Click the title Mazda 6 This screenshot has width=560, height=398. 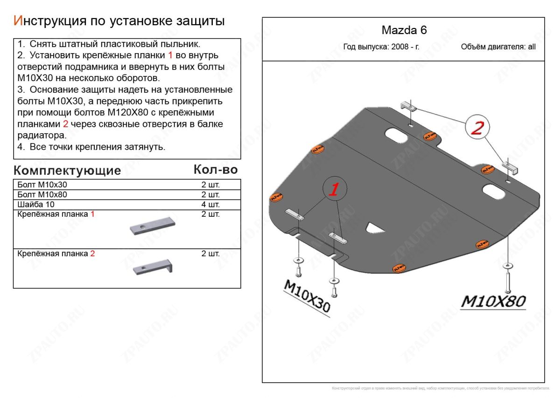(404, 30)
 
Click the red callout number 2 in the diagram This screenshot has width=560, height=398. (476, 128)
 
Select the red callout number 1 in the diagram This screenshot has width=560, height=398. (334, 189)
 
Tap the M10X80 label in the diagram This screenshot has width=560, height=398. (493, 302)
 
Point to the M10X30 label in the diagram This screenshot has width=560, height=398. (306, 296)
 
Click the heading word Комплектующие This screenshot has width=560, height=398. (67, 171)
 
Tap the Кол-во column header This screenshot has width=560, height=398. (215, 170)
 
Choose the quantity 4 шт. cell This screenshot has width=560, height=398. (210, 205)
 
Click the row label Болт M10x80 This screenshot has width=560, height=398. (42, 195)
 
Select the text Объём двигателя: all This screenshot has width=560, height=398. (498, 47)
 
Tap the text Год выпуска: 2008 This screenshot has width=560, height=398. (381, 47)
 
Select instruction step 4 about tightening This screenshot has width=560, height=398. (91, 147)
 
